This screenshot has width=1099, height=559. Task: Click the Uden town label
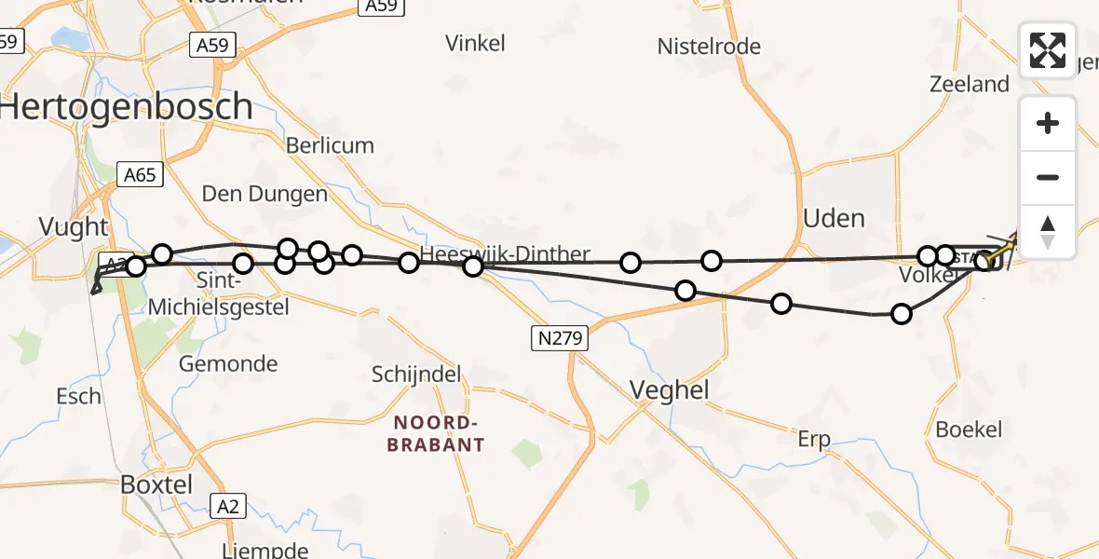click(834, 218)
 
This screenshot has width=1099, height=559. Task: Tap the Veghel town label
click(670, 389)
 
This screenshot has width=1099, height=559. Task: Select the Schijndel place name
click(417, 374)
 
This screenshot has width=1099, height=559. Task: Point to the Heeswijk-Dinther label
click(505, 254)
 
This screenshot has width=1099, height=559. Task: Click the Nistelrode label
click(709, 47)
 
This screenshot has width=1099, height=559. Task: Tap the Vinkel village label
click(475, 43)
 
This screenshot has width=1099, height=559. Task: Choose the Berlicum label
click(330, 145)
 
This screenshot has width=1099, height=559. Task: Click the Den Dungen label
click(265, 194)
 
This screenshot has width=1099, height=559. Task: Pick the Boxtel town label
click(156, 484)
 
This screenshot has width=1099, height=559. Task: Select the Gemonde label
click(228, 363)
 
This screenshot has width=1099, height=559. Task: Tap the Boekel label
click(969, 429)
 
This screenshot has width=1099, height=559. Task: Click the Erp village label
click(814, 440)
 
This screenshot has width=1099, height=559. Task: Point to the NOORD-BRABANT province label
click(436, 433)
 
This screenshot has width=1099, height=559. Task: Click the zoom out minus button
click(1048, 177)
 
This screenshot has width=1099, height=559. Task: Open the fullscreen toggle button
click(1048, 50)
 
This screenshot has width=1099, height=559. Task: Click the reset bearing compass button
click(1048, 231)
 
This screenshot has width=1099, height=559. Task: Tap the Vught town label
click(75, 226)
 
